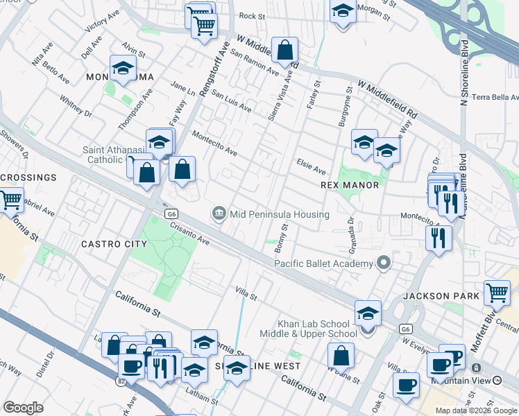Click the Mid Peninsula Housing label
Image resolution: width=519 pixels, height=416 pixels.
pyautogui.click(x=280, y=214)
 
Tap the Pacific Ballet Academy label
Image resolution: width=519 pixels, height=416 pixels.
pyautogui.click(x=324, y=263)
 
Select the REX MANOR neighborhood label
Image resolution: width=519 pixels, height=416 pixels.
pyautogui.click(x=350, y=185)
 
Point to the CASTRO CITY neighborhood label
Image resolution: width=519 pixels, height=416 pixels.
pyautogui.click(x=114, y=244)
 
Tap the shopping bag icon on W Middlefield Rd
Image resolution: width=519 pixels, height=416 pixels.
pyautogui.click(x=284, y=51)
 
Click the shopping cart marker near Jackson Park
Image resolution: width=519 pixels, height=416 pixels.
pyautogui.click(x=497, y=293)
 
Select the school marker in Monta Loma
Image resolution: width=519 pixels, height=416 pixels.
pyautogui.click(x=123, y=69)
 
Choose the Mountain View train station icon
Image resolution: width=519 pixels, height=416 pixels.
pyautogui.click(x=476, y=367)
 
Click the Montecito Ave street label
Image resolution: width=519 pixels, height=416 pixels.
pyautogui.click(x=215, y=143)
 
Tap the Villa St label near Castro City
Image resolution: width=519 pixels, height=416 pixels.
pyautogui.click(x=246, y=294)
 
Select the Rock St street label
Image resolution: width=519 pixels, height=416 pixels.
pyautogui.click(x=252, y=15)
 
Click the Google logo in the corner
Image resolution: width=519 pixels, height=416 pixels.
pyautogui.click(x=23, y=408)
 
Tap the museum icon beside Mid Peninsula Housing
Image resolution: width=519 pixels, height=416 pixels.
pyautogui.click(x=219, y=213)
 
